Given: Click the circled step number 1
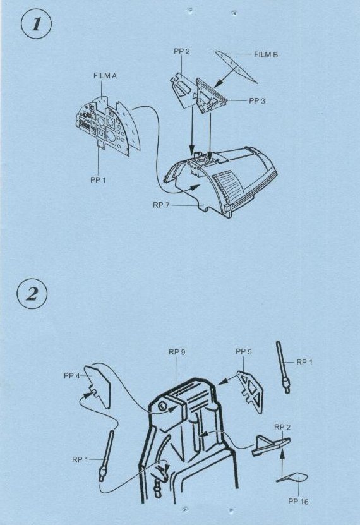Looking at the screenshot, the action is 36,25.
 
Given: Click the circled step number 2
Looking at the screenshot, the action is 32,294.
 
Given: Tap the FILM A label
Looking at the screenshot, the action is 105,76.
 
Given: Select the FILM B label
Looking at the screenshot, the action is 266,54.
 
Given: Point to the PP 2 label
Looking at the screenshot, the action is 182,51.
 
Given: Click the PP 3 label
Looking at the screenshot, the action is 257,101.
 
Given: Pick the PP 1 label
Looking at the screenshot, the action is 98,180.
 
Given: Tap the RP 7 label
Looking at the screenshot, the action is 161,205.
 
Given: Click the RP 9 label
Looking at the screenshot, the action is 177,352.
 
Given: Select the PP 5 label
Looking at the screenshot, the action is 244,351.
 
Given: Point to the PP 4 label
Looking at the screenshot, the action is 72,376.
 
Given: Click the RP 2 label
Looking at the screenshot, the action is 282,427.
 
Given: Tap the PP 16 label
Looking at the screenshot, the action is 298,501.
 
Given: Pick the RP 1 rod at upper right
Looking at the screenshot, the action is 282,366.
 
